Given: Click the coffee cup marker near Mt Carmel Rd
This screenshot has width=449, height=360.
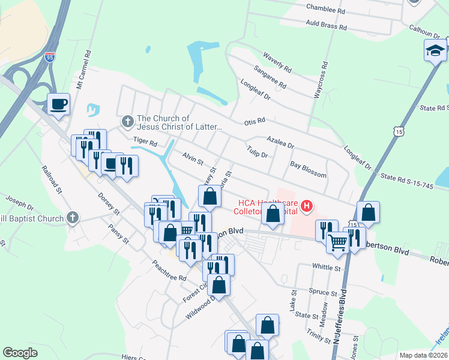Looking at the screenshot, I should [58, 105].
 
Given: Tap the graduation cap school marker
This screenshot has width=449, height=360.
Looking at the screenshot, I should [435, 52].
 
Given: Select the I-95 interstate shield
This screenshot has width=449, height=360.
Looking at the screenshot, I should [50, 58].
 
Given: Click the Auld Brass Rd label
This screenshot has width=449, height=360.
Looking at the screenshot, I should [327, 27].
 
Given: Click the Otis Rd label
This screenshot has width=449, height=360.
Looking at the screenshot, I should [255, 122].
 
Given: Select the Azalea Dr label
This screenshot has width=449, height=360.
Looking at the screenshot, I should [280, 142].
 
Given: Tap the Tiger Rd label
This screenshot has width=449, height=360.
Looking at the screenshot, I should [145, 143].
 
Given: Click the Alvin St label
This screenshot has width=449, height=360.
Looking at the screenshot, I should [193, 159].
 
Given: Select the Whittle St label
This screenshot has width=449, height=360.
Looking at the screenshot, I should [327, 266].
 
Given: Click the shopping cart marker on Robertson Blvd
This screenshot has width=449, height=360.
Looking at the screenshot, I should [338, 242].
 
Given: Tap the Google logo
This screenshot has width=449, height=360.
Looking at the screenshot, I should [20, 353].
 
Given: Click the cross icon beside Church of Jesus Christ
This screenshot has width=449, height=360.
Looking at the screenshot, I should [127, 122].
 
